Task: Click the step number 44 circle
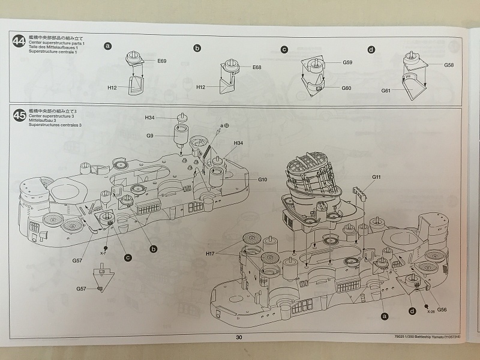click(x=19, y=43)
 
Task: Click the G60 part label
click(x=347, y=88)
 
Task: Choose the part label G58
click(x=449, y=64)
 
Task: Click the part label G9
click(x=149, y=136)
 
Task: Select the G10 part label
click(x=263, y=179)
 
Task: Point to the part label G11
click(x=376, y=178)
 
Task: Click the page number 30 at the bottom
click(x=239, y=338)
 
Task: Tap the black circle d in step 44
click(x=371, y=49)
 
